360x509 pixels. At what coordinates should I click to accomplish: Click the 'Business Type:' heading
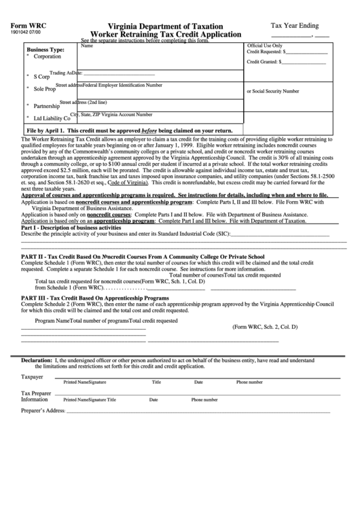tap(46, 50)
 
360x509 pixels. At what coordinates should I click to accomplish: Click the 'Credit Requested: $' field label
tap(266, 52)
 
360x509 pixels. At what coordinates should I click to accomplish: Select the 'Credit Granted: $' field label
tap(265, 62)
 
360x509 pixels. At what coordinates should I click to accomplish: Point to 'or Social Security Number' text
tap(272, 90)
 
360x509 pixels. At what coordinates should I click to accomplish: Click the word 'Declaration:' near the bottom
tap(36, 359)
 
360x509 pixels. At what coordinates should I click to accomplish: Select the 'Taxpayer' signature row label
tap(31, 376)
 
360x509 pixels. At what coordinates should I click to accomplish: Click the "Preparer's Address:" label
tap(43, 411)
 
